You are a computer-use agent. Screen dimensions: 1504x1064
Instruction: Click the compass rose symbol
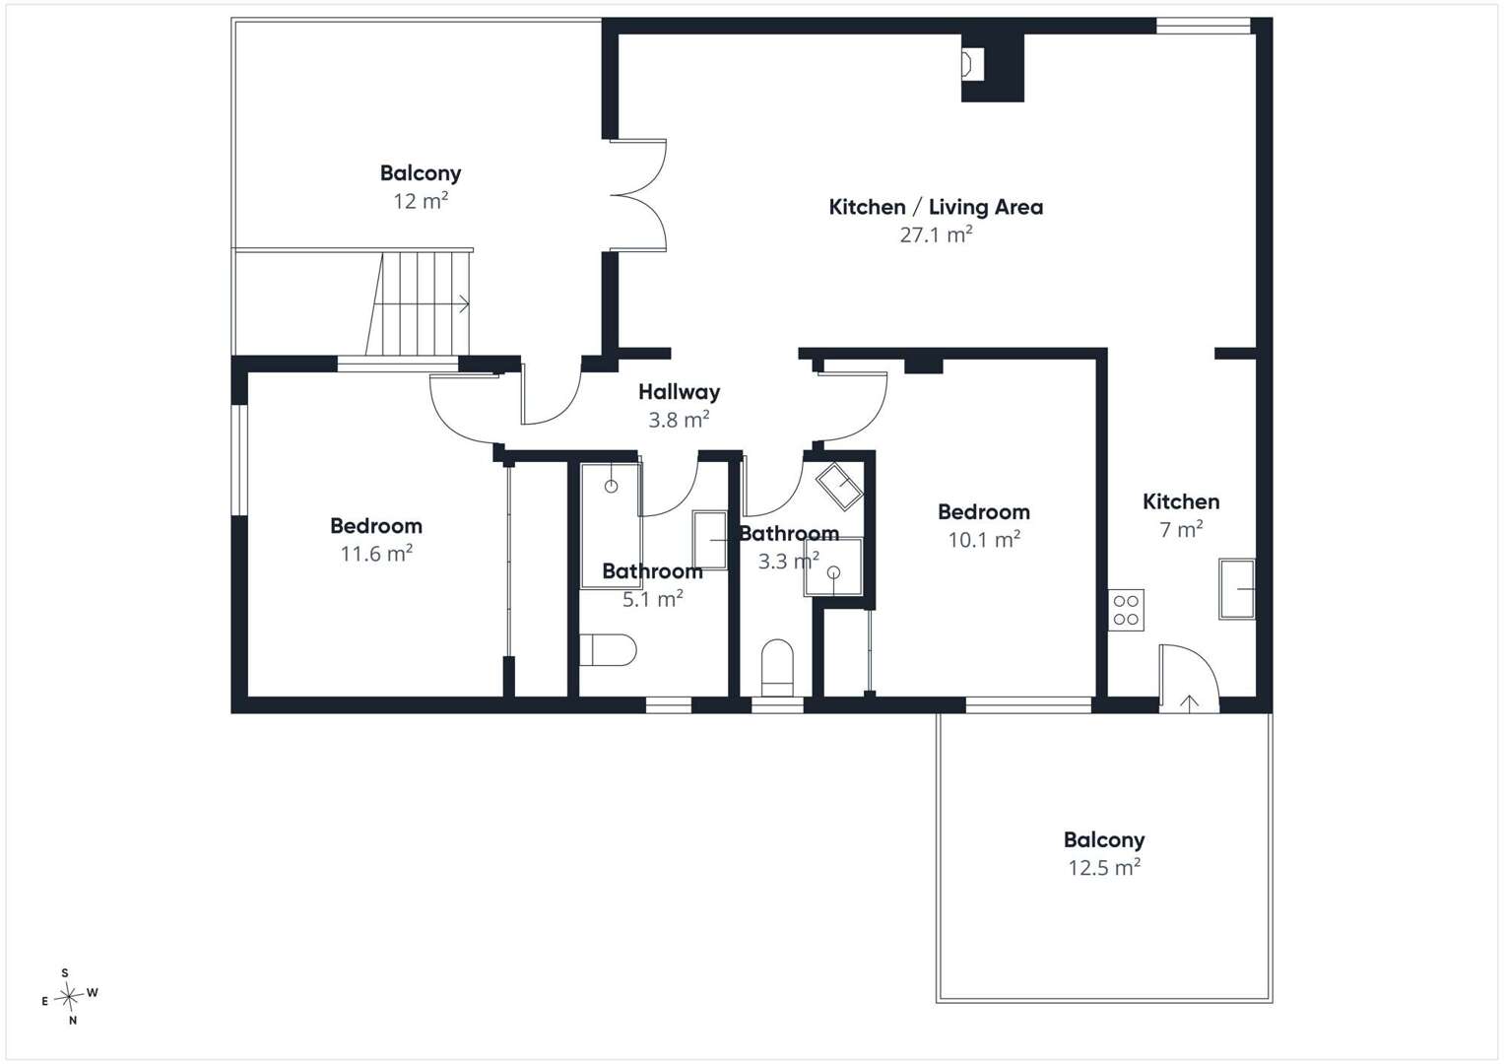[x=69, y=996]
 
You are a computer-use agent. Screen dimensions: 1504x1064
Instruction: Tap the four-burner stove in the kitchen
[x=1126, y=610]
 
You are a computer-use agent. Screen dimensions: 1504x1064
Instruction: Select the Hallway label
[x=679, y=392]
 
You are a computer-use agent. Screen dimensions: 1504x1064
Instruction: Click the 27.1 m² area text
[x=936, y=234]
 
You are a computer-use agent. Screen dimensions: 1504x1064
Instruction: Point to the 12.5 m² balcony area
[x=1104, y=867]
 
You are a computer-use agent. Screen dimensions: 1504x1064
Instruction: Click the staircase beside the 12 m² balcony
[x=419, y=303]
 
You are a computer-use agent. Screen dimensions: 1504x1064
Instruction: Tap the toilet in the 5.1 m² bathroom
[x=608, y=649]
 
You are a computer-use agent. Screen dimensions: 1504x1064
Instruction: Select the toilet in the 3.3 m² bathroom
[x=777, y=668]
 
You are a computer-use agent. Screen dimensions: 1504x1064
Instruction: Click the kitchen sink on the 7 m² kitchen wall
[x=1237, y=589]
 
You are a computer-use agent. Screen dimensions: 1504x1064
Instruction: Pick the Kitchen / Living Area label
[x=936, y=207]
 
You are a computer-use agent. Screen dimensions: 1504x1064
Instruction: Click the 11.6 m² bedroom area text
[x=376, y=554]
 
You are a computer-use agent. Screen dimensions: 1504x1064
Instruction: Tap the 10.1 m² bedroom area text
[x=984, y=540]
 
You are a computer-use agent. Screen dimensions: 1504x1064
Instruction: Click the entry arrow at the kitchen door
[x=1189, y=702]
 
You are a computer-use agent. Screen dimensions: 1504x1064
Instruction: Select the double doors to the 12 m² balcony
[x=638, y=195]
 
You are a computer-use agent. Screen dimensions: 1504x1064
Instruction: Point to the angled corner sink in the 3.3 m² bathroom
[x=838, y=487]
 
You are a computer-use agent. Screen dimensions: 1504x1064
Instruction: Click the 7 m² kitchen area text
[x=1181, y=529]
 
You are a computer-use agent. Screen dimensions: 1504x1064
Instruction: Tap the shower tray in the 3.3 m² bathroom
[x=833, y=566]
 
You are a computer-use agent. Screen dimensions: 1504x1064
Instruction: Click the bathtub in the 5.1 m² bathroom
[x=611, y=524]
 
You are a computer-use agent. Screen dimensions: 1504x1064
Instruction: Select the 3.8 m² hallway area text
[x=679, y=420]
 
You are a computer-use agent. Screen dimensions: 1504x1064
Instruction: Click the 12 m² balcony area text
[x=421, y=201]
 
